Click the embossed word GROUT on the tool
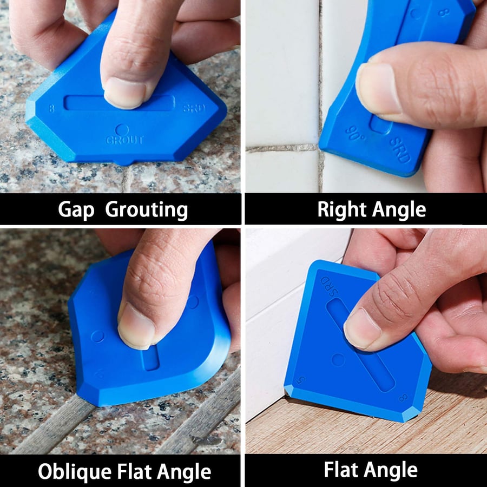[125, 140]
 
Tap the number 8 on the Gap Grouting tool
[51, 108]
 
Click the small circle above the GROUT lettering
[123, 130]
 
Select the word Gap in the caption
[76, 210]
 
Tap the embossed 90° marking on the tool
[355, 132]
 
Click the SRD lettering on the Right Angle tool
[400, 150]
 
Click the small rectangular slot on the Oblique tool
[152, 358]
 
